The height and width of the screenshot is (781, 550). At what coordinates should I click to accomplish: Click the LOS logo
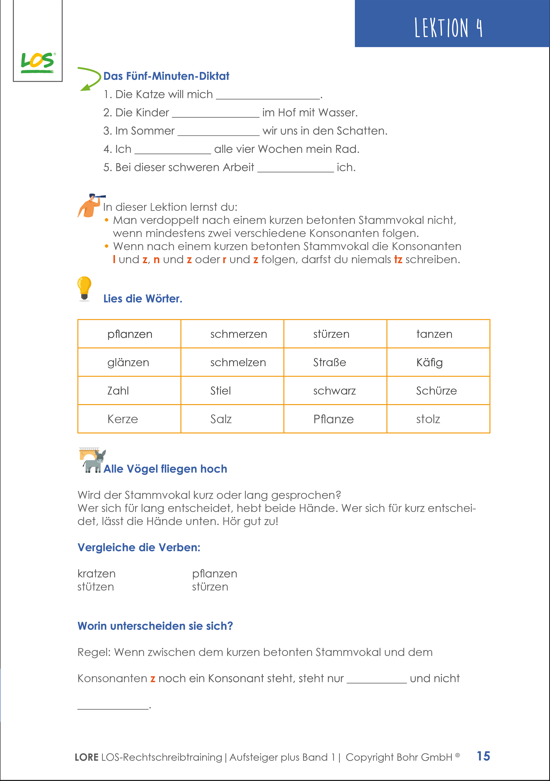pyautogui.click(x=37, y=62)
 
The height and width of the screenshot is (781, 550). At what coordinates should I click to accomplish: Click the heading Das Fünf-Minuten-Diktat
pyautogui.click(x=166, y=76)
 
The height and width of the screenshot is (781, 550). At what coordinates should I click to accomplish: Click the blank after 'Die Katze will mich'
pyautogui.click(x=268, y=95)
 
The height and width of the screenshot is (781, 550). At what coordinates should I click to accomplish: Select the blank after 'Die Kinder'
pyautogui.click(x=216, y=114)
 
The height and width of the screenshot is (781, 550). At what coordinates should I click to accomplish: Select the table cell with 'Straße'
pyautogui.click(x=335, y=362)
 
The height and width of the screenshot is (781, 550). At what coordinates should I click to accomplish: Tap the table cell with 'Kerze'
pyautogui.click(x=129, y=419)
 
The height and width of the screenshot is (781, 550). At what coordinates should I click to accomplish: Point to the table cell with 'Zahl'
pyautogui.click(x=129, y=391)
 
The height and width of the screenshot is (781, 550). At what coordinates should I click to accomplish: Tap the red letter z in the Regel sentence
pyautogui.click(x=153, y=679)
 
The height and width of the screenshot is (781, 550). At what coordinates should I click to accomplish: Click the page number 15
pyautogui.click(x=483, y=756)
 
